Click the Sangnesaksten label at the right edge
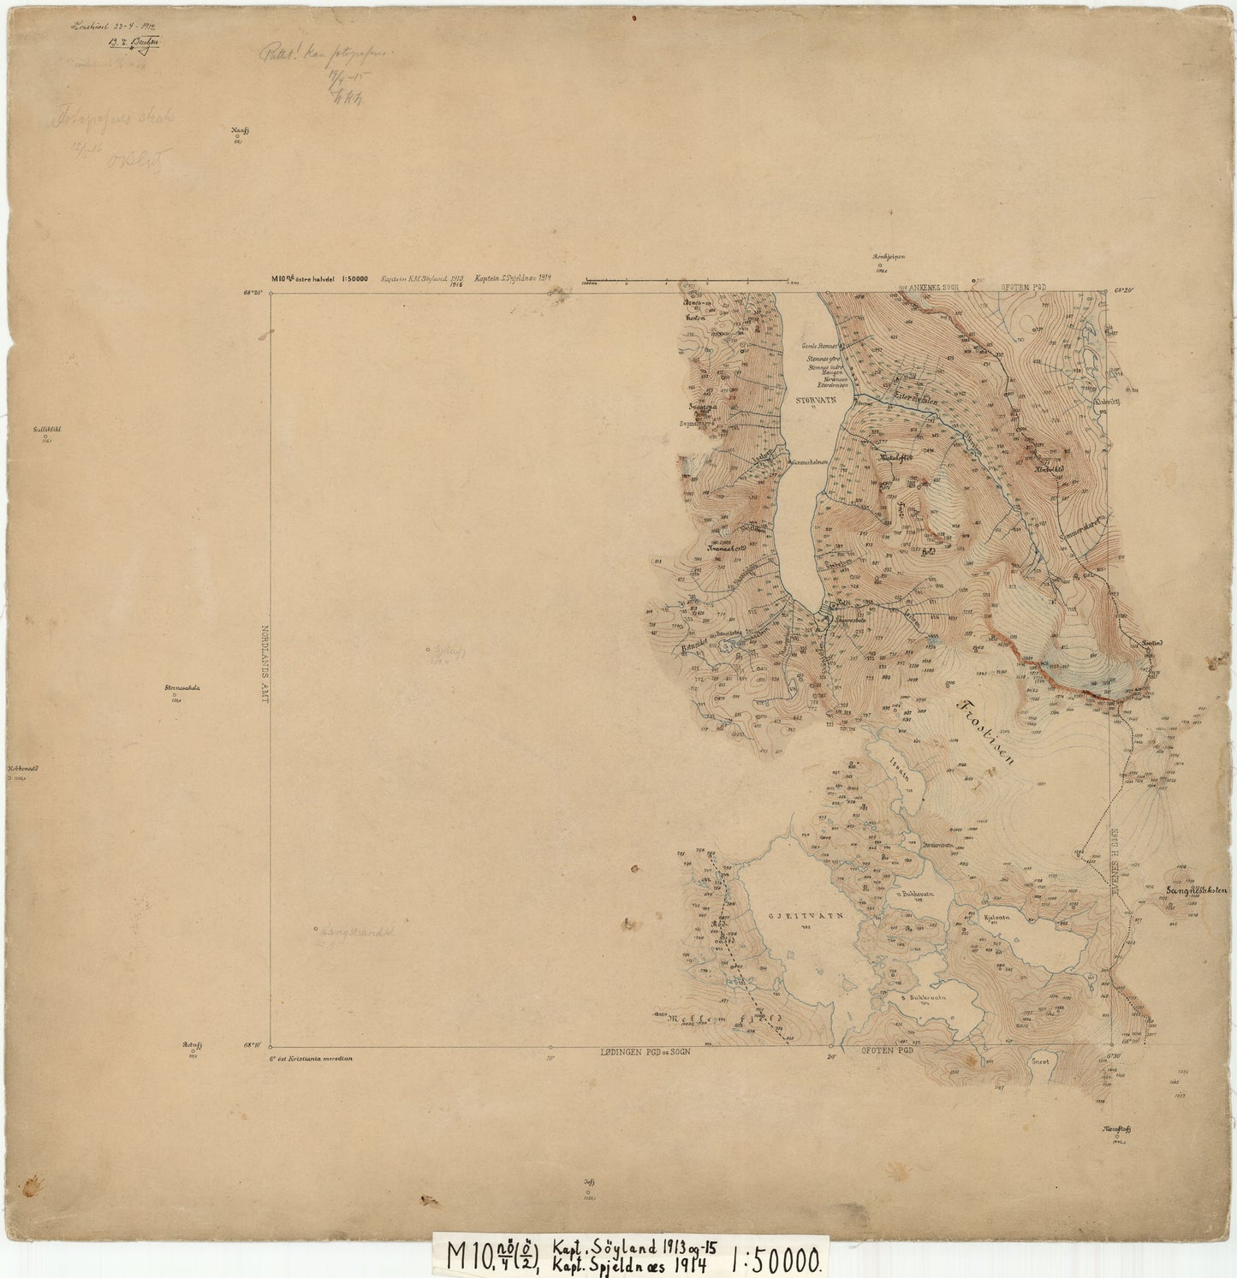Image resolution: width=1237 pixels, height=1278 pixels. [x=1197, y=890]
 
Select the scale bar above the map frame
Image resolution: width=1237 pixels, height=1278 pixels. [x=686, y=280]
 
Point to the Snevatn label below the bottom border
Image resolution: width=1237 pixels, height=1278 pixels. [x=1040, y=1060]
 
